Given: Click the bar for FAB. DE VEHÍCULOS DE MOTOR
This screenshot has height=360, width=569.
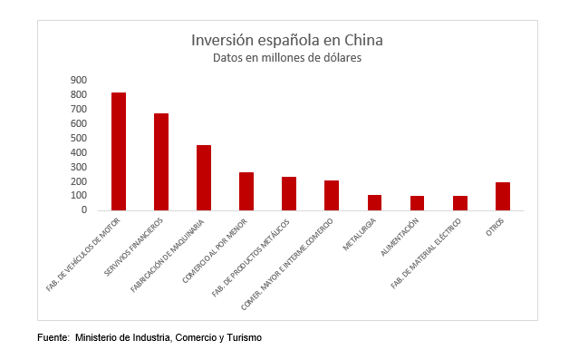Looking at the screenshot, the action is pos(119,151).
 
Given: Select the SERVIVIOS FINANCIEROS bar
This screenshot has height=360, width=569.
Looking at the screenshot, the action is pos(161,162).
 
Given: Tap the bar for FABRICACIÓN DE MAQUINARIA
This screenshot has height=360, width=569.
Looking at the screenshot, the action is pos(204,178).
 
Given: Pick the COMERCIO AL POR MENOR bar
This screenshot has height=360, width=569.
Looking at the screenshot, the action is pos(246,191).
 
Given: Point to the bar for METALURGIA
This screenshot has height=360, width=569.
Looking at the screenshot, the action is pos(374,203).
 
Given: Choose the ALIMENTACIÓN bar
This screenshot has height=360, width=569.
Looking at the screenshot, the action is pos(418,203).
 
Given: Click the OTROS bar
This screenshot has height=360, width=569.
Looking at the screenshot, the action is pos(503,197).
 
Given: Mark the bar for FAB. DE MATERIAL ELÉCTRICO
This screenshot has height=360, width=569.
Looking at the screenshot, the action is pos(460,203).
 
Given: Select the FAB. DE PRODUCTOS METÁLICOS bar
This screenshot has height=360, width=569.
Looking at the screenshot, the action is pos(289,194).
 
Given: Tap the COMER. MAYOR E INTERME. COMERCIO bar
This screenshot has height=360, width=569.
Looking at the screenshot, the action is pos(332,196).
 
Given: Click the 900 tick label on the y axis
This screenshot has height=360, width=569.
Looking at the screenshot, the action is pos(79,80).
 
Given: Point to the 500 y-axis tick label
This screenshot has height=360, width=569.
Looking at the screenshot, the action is pos(79,138).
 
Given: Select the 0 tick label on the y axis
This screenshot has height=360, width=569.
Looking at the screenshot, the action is pos(84,209).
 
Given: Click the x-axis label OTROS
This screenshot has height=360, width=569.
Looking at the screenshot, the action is pos(495,227).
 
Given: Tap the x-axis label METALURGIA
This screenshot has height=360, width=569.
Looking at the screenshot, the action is pos(360,234).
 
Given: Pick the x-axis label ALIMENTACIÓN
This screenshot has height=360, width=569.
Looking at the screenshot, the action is pos(400,237).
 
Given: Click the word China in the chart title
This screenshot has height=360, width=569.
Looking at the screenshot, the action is pos(363,40).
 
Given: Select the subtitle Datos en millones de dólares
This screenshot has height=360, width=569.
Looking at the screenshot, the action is pos(287,58).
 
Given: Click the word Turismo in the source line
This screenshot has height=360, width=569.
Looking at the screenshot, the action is pos(245,337).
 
